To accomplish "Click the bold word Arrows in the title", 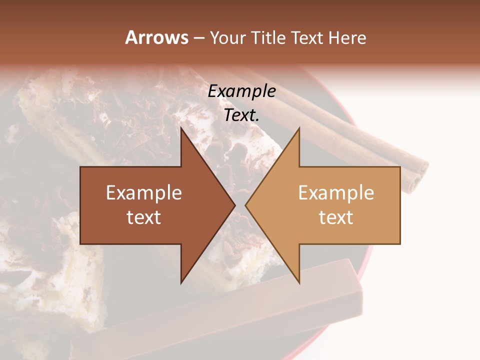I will pos(156,37).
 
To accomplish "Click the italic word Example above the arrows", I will pos(242,91).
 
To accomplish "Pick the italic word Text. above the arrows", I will pos(242,115).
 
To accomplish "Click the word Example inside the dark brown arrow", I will pos(144,193).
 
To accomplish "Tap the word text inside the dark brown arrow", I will pos(144,217).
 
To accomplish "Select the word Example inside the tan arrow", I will pos(336,193).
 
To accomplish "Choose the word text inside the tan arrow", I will pos(336,217).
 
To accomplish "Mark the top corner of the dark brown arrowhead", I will pos(182,128).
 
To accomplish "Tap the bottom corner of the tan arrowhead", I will pos(298,282).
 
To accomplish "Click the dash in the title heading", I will pos(198,38).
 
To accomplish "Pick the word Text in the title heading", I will pos(307,38).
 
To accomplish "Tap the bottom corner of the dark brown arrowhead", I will pos(182,282).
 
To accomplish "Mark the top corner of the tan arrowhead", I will pos(298,128).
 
